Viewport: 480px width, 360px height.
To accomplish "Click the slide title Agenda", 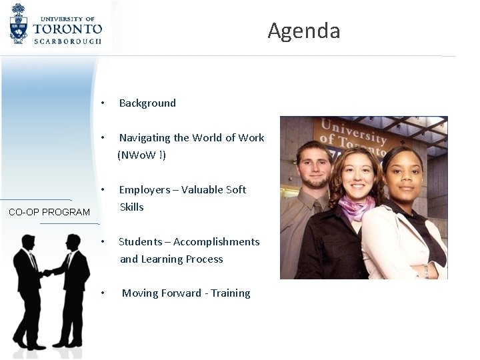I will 304,31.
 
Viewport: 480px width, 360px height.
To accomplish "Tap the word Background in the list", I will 147,103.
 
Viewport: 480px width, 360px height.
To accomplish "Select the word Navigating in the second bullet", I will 145,138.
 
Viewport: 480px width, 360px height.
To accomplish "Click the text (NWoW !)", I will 142,155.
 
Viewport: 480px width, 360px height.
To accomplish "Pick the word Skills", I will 132,207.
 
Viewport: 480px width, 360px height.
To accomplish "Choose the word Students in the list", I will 141,242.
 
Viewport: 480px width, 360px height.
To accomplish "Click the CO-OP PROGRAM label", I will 49,212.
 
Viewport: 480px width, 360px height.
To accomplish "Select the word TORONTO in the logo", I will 68,29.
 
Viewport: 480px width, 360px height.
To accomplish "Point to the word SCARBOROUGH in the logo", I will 68,41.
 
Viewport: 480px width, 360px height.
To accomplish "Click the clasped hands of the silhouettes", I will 47,273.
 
